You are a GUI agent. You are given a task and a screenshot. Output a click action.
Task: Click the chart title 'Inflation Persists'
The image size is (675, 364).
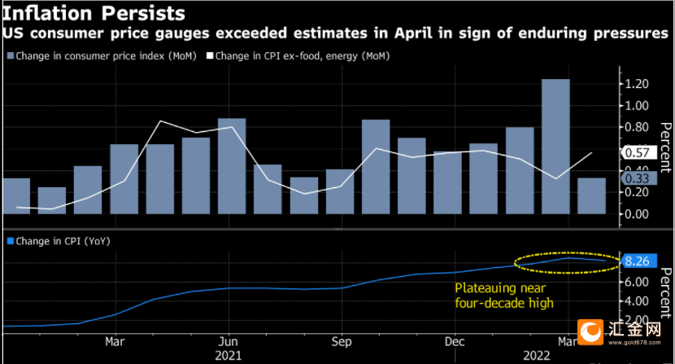pos(94,13)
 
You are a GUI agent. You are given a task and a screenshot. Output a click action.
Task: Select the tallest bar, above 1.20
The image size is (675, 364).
pos(555,147)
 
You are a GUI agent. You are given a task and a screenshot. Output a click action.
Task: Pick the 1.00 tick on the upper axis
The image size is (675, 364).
pos(637,106)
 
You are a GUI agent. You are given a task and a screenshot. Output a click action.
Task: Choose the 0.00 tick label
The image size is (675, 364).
pos(637,214)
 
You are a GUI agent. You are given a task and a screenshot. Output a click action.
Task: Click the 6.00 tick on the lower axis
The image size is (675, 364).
pos(637,282)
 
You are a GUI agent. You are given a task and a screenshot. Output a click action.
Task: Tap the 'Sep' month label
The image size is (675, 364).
pos(342,342)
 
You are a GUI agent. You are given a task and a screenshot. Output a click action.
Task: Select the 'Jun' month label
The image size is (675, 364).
pos(229,341)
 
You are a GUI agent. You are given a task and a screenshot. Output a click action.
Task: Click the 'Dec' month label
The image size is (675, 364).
pos(455,341)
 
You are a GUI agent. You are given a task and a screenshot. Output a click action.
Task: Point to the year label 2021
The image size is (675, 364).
pos(229,356)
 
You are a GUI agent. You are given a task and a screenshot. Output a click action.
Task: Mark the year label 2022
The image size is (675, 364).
pos(537,356)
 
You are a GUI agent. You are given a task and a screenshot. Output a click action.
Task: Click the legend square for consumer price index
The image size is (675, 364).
pos(11,55)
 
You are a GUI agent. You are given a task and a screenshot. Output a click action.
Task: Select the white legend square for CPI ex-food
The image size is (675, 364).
pos(210,55)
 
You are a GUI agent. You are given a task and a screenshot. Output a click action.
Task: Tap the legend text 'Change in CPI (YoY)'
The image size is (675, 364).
pos(63,241)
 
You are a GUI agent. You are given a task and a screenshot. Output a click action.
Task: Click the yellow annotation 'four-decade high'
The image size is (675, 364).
pos(504,303)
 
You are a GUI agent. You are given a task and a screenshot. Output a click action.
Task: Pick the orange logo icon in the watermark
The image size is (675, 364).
pos(590,332)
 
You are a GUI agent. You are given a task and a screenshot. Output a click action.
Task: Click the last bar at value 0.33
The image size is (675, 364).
pos(591,195)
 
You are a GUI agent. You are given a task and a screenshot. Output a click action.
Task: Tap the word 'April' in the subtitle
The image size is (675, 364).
pos(413,33)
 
